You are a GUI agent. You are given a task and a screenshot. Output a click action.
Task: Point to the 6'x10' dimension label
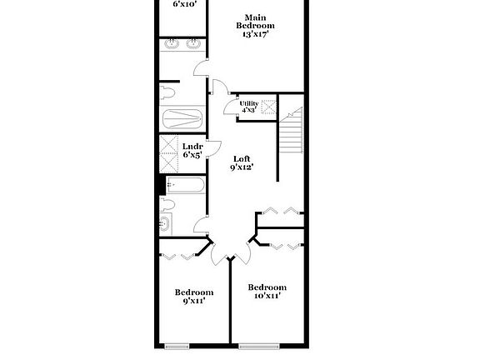point(184,4)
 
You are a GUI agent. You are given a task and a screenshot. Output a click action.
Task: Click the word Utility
point(249,103)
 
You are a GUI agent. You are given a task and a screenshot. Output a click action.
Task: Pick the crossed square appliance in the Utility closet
point(268,107)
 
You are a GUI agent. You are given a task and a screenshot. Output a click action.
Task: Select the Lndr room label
point(192,147)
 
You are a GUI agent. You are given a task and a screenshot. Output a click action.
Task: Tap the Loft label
point(242,158)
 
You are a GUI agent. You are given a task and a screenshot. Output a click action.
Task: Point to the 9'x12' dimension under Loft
point(242,167)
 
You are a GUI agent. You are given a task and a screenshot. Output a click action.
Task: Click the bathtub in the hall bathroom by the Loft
point(184,186)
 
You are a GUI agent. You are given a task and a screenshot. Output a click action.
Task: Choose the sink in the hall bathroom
point(165,223)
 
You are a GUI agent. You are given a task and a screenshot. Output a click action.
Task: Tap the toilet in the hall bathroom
point(167,203)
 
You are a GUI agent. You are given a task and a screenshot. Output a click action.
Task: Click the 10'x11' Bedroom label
point(267,287)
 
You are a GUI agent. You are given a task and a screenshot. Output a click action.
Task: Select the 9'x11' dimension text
point(192,301)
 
